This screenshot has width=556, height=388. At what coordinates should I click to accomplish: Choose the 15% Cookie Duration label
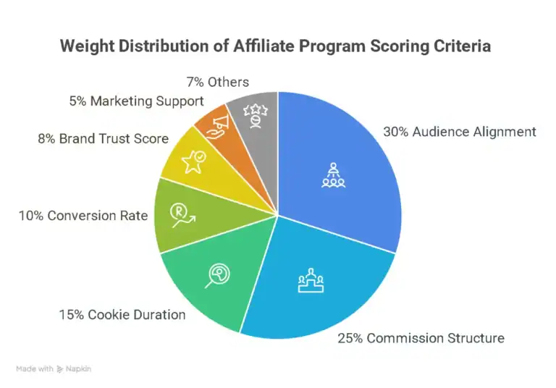122,314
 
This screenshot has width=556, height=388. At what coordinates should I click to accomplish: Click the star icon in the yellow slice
195,161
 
